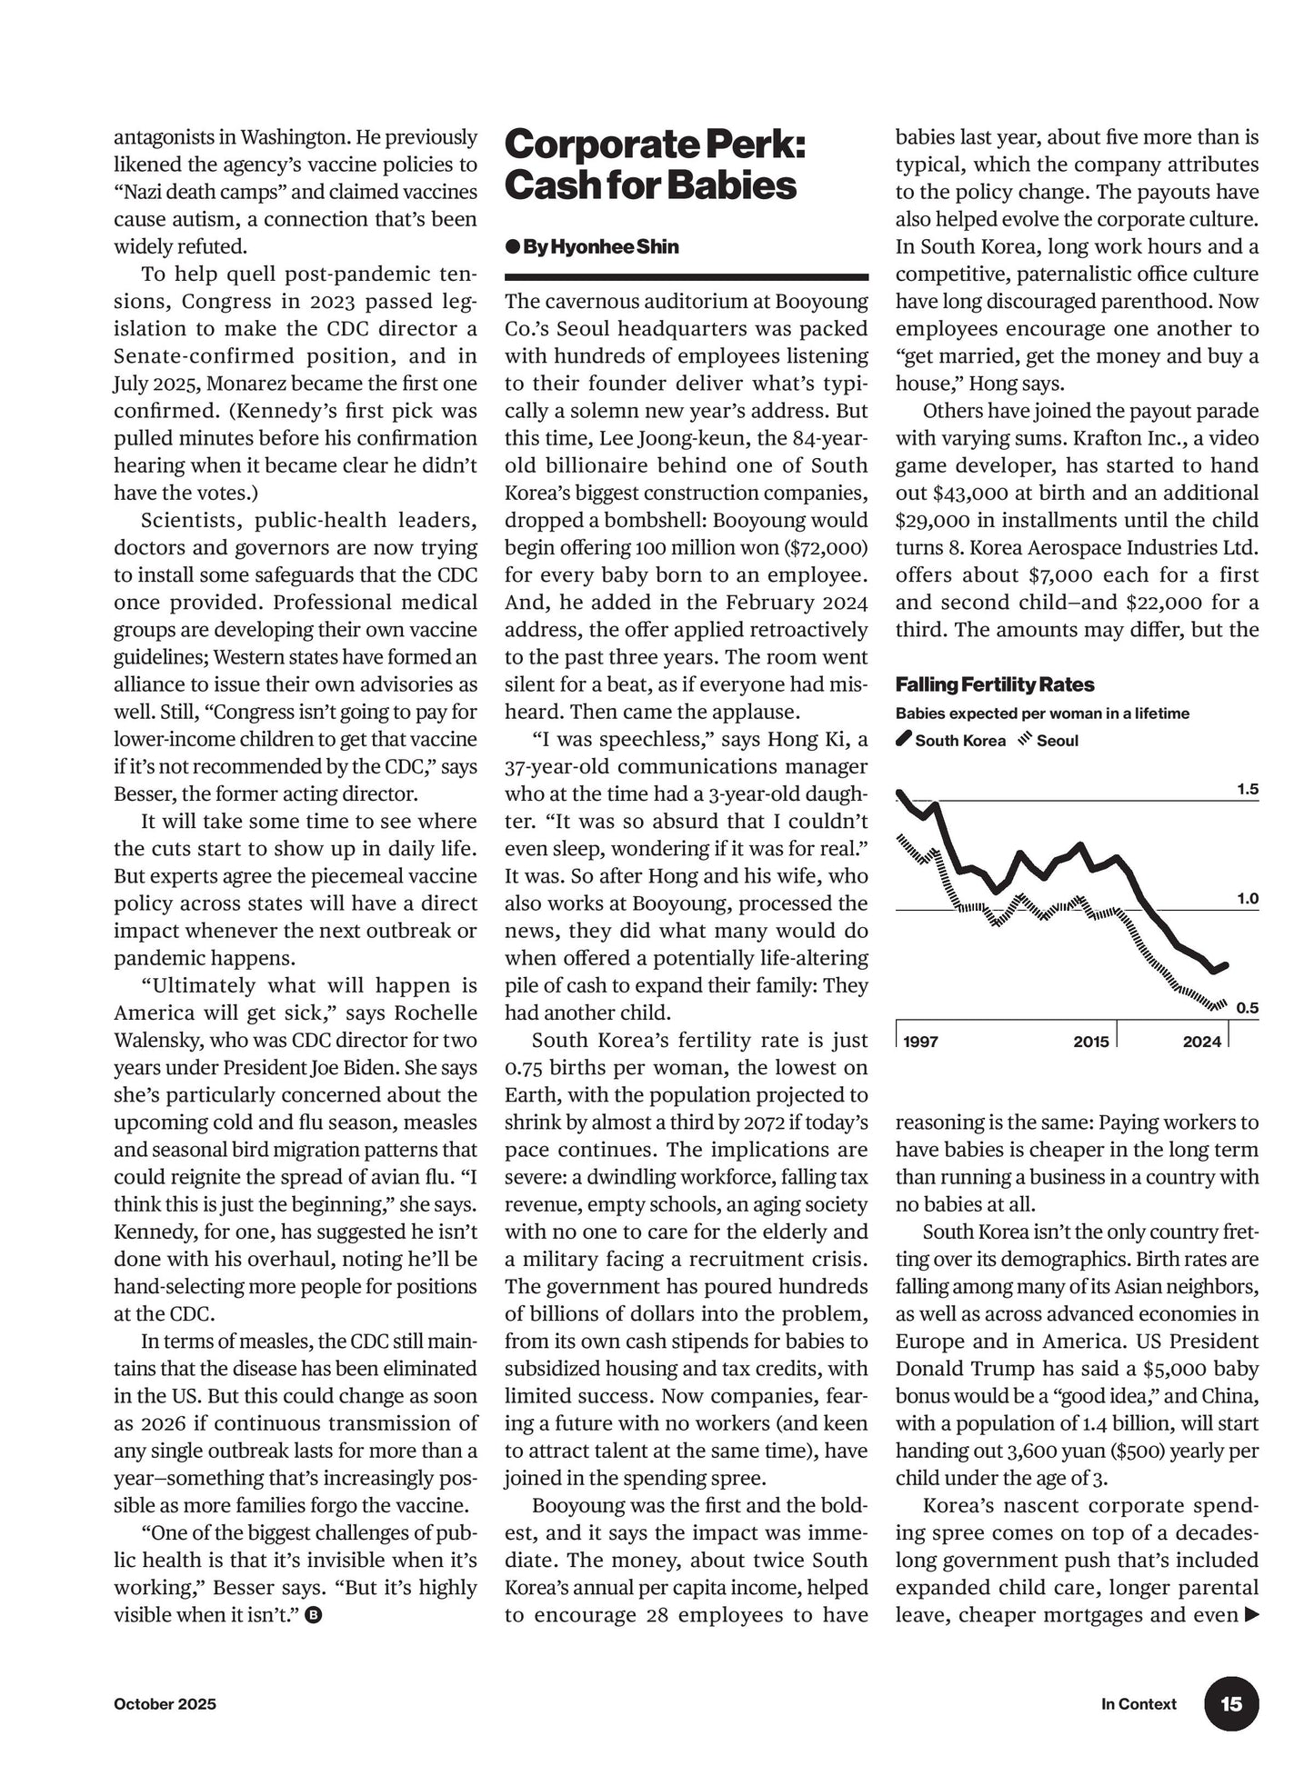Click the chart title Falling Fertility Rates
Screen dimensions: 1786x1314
pyautogui.click(x=995, y=684)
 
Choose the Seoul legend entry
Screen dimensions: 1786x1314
pyautogui.click(x=1048, y=740)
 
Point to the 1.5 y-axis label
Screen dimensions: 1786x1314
pyautogui.click(x=1247, y=789)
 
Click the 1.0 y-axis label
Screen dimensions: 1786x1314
pyautogui.click(x=1247, y=898)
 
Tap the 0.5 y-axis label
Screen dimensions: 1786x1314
pyautogui.click(x=1247, y=1007)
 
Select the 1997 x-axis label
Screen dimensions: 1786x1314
pyautogui.click(x=921, y=1041)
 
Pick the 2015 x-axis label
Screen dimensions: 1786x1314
pyautogui.click(x=1090, y=1041)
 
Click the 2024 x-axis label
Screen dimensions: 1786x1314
pyautogui.click(x=1201, y=1041)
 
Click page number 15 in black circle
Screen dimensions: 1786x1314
pyautogui.click(x=1231, y=1703)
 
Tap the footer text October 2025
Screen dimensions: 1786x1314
pyautogui.click(x=165, y=1704)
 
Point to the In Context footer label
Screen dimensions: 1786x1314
pyautogui.click(x=1138, y=1704)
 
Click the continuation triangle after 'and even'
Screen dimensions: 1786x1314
pyautogui.click(x=1251, y=1615)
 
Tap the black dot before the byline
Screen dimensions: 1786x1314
pyautogui.click(x=512, y=247)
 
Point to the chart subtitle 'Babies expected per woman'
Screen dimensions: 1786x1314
pyautogui.click(x=1042, y=713)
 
